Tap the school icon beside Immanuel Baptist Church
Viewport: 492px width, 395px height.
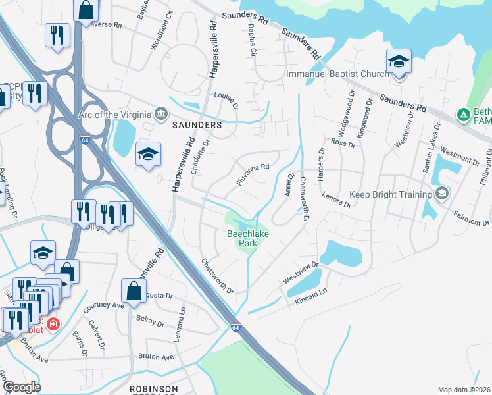pyautogui.click(x=399, y=62)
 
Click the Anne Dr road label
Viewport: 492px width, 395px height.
pyautogui.click(x=287, y=184)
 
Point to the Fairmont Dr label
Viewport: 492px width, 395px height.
pyautogui.click(x=472, y=218)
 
